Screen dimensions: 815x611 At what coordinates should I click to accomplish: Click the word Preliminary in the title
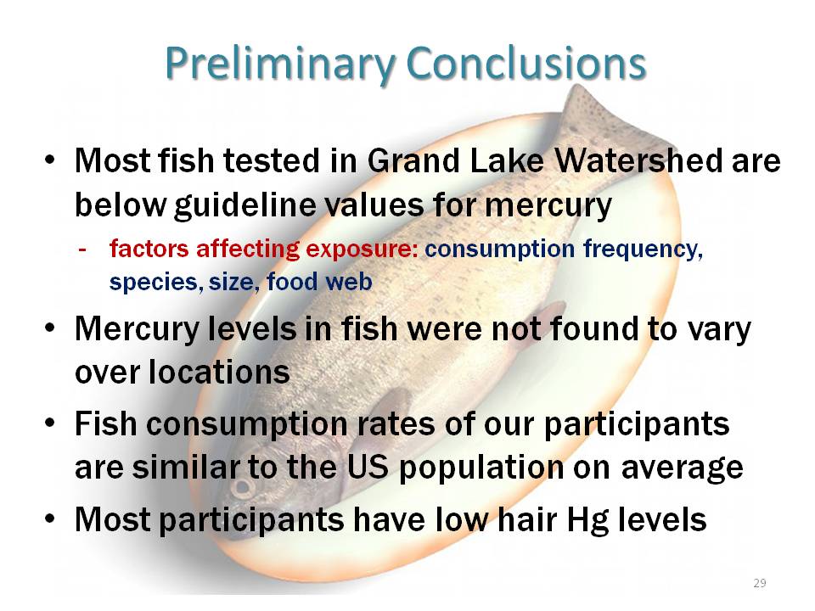tap(281, 64)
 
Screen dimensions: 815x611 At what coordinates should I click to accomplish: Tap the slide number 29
tap(759, 583)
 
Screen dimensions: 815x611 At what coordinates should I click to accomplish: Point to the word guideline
tap(244, 205)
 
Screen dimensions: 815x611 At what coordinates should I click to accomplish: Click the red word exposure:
tap(362, 249)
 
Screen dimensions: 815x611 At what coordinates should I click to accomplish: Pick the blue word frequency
tap(643, 249)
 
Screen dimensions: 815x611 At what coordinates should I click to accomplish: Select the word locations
tap(219, 372)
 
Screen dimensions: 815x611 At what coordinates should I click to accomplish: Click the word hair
tap(527, 519)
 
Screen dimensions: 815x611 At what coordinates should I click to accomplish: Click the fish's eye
tap(241, 488)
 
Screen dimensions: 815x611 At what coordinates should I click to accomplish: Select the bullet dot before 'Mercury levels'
tap(49, 329)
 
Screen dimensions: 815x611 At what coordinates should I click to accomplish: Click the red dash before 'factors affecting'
tap(82, 249)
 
